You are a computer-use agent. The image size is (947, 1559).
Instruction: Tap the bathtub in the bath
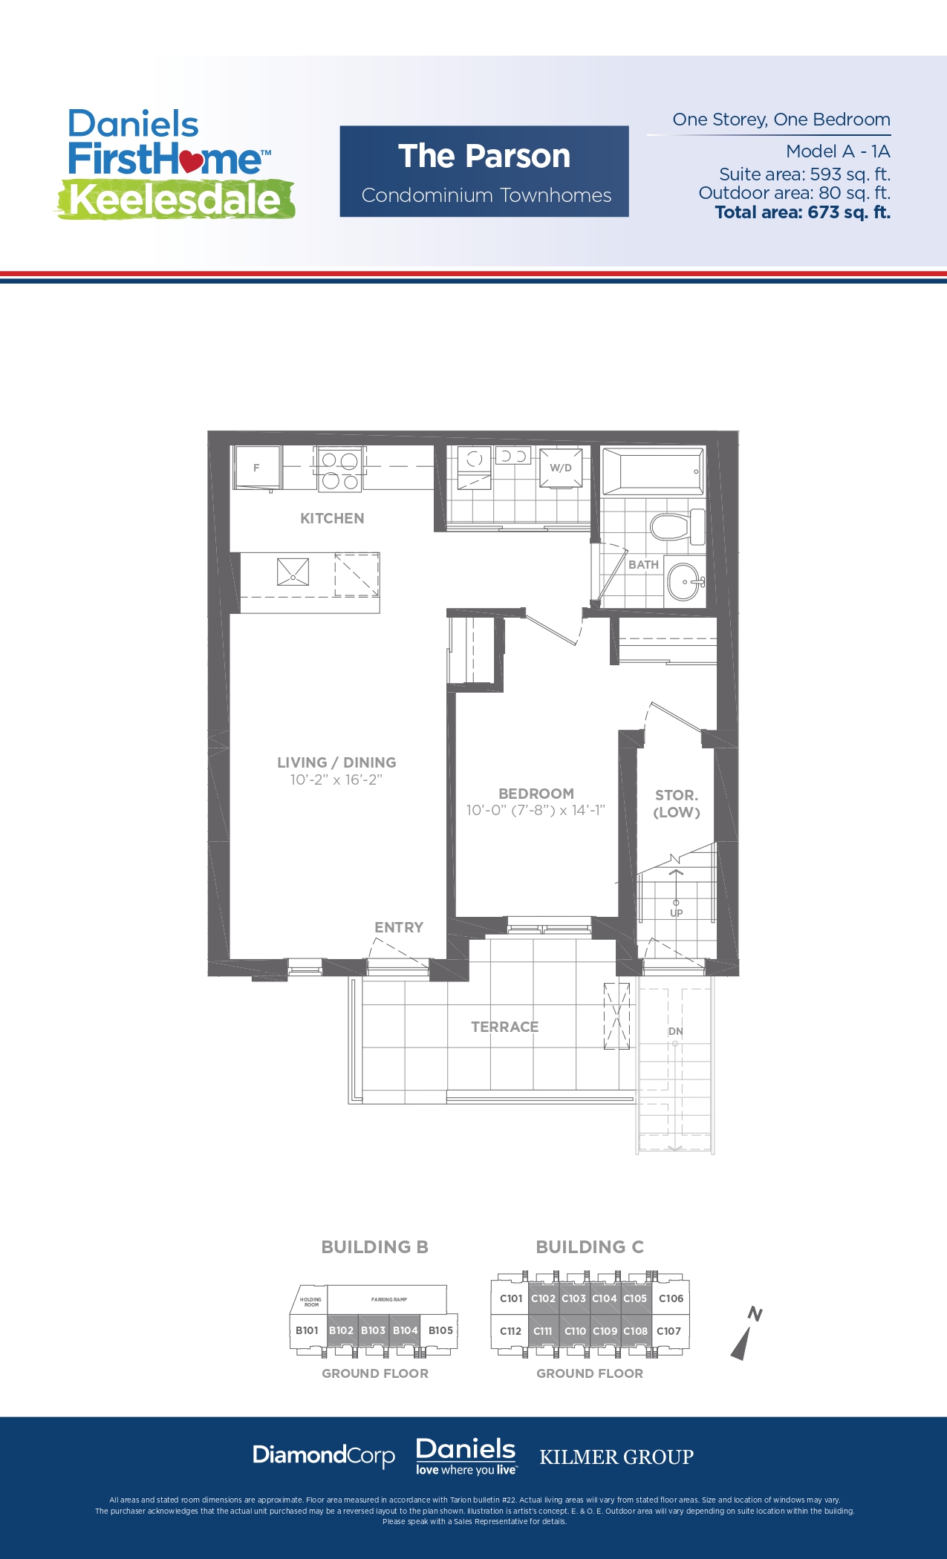651,472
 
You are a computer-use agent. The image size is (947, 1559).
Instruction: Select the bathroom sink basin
683,581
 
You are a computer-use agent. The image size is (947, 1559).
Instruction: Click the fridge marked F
256,468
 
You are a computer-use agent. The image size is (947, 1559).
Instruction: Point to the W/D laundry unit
561,468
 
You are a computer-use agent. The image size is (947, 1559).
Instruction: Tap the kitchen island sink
293,572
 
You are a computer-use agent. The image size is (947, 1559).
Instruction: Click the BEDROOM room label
536,794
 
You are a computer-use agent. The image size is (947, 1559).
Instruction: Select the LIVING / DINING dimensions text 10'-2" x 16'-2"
336,779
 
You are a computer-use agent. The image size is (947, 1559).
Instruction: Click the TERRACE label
505,1027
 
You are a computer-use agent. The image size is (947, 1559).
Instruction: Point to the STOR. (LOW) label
677,803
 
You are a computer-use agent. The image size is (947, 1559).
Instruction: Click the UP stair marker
676,912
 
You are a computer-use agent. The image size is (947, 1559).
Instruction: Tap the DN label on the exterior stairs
675,1031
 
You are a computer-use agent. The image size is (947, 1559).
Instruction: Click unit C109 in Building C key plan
605,1331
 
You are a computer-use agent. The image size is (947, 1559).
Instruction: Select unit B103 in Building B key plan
373,1330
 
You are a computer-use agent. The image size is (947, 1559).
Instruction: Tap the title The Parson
484,157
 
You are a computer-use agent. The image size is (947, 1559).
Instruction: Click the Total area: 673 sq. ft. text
802,212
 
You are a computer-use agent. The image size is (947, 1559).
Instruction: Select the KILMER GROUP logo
616,1457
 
